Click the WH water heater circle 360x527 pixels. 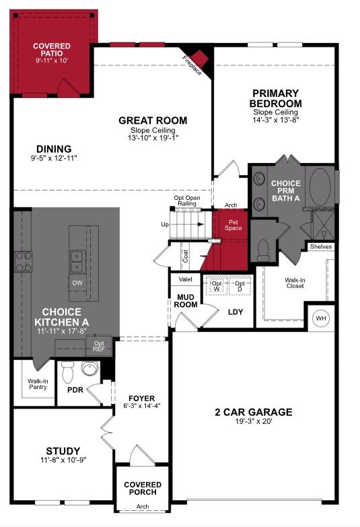[x=320, y=318]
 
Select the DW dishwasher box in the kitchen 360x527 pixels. [x=77, y=283]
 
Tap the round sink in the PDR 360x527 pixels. [x=89, y=370]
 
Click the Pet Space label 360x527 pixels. [x=234, y=224]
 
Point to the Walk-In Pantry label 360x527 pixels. [x=38, y=384]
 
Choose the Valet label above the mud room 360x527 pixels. [x=185, y=278]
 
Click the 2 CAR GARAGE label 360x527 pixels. [x=253, y=412]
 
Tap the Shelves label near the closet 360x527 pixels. [x=321, y=247]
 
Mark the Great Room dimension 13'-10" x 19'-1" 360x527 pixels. [x=153, y=137]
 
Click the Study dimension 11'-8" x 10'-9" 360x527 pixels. [x=63, y=460]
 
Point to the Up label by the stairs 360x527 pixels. [x=164, y=224]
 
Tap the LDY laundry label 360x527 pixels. [x=236, y=312]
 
